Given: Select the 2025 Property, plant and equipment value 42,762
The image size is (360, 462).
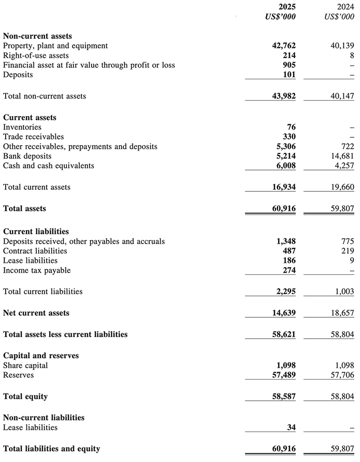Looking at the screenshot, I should click(283, 46).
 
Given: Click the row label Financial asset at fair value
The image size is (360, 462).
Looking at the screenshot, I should click(89, 65).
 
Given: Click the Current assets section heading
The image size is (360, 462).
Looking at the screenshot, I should click(30, 117).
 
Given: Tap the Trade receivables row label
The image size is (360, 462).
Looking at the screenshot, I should click(33, 137).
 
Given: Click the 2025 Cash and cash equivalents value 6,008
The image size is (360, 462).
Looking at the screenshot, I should click(285, 166).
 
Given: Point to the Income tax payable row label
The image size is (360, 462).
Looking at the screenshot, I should click(37, 270).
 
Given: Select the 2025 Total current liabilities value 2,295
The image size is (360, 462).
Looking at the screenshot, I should click(285, 291).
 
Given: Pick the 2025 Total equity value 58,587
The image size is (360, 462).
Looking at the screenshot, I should click(283, 397).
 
